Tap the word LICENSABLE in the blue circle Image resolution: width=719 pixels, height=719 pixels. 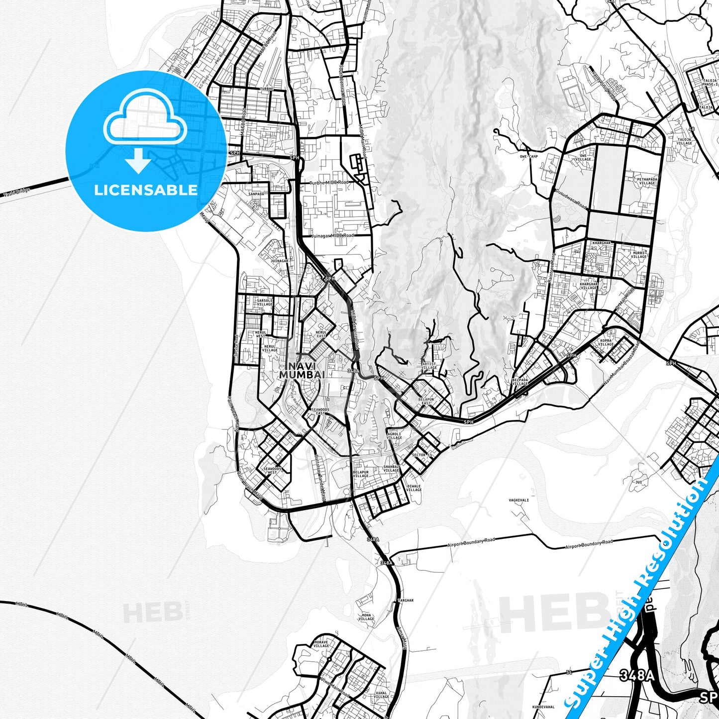pos(145,190)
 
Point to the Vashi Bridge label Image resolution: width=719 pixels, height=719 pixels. pos(16,192)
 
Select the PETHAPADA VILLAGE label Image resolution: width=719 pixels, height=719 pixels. pos(646,181)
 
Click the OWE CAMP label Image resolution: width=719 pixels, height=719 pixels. pos(529,156)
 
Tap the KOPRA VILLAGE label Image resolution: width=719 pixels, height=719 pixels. pos(606,342)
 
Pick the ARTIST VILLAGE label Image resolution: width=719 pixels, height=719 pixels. pos(429,366)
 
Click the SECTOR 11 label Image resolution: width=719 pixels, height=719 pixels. pos(422,455)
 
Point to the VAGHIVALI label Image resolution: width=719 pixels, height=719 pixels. pos(518,500)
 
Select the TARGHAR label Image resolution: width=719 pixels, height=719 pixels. pos(406,601)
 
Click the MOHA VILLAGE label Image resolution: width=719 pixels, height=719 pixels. pos(366,617)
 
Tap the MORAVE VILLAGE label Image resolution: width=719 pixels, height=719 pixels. pos(321,644)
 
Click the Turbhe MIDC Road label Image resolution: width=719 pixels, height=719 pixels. pos(329,183)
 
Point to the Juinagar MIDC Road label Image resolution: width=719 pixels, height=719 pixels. pos(332,235)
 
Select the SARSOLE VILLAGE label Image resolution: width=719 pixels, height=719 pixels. pos(264,303)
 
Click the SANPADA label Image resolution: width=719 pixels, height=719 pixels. pos(257,194)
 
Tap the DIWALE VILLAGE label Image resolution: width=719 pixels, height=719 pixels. pos(413,488)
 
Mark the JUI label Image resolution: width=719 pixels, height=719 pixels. pos(639,482)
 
